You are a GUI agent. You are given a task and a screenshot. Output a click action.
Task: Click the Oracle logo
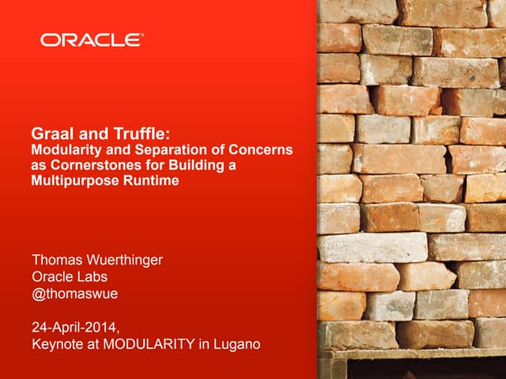pos(93,40)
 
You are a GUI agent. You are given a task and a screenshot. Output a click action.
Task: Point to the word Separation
pos(157,150)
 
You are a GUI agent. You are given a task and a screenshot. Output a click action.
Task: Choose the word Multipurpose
pos(68,180)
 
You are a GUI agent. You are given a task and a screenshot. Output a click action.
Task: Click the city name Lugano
pos(238,344)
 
